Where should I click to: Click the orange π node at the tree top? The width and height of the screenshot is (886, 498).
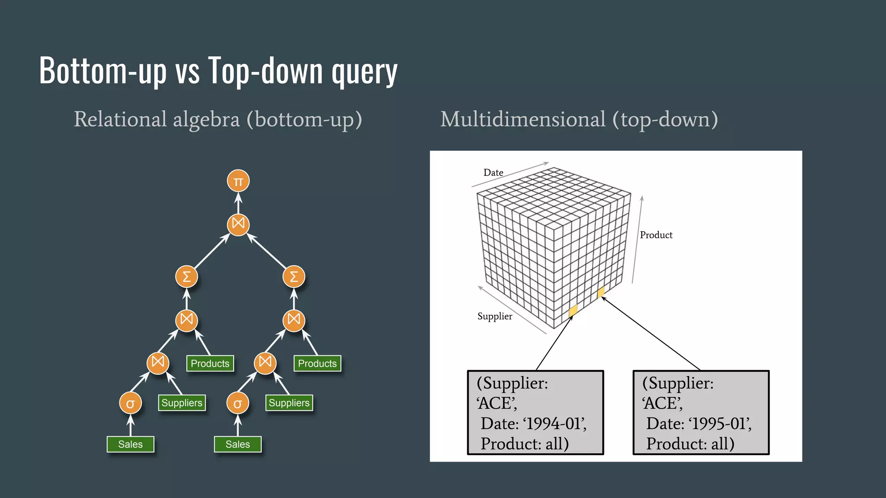click(238, 181)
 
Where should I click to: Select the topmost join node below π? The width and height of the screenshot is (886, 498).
click(238, 224)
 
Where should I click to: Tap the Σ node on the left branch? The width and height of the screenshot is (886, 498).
click(186, 277)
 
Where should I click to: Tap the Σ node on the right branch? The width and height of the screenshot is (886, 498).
click(294, 277)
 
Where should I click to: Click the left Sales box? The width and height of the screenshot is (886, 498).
click(130, 444)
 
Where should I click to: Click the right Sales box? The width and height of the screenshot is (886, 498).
click(238, 444)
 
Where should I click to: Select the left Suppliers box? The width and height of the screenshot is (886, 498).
click(182, 403)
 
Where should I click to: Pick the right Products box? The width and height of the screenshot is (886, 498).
click(317, 364)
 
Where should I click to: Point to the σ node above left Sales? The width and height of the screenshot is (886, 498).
click(130, 403)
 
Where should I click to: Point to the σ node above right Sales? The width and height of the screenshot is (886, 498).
click(238, 403)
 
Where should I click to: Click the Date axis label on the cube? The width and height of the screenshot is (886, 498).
click(493, 172)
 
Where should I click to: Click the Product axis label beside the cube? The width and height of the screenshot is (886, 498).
click(656, 235)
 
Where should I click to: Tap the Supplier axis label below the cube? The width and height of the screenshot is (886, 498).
click(494, 316)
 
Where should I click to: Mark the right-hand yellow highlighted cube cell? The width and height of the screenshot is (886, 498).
click(600, 292)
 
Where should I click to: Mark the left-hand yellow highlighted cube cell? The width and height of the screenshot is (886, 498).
click(573, 310)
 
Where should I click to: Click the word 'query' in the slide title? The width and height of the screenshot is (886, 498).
click(364, 71)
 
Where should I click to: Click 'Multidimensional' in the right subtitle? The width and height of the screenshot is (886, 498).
click(523, 119)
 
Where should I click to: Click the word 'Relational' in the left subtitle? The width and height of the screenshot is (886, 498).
click(120, 119)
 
